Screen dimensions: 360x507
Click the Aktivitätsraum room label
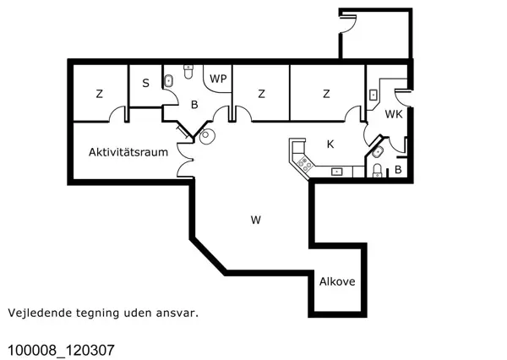pyautogui.click(x=128, y=153)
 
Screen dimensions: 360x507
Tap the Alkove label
pyautogui.click(x=336, y=283)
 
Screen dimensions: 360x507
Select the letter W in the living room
pyautogui.click(x=255, y=221)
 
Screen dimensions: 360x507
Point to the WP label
pyautogui.click(x=219, y=79)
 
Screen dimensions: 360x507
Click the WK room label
pyautogui.click(x=394, y=114)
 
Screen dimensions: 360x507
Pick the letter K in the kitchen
pyautogui.click(x=330, y=145)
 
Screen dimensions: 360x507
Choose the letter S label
pyautogui.click(x=145, y=83)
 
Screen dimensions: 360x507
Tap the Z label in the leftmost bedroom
pyautogui.click(x=99, y=94)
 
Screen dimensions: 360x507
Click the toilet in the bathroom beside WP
pyautogui.click(x=188, y=70)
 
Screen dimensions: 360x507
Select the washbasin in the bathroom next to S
pyautogui.click(x=168, y=81)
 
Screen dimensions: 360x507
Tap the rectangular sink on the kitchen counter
pyautogui.click(x=336, y=171)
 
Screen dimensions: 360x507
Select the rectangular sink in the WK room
pyautogui.click(x=373, y=95)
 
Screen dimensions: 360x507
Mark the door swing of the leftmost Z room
pyautogui.click(x=123, y=113)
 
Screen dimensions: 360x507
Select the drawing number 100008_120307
pyautogui.click(x=60, y=349)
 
